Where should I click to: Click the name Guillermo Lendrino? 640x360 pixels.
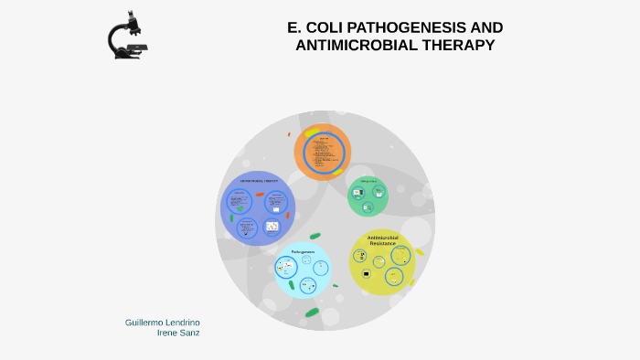162,323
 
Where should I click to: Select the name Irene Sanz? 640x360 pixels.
179,334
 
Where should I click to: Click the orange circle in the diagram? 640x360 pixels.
322,151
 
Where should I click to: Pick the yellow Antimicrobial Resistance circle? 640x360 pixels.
382,262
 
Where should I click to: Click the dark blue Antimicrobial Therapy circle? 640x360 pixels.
259,208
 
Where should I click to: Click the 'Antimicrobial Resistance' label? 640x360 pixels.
382,240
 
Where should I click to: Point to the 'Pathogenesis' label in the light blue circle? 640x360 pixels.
303,251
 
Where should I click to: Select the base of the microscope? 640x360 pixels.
130,56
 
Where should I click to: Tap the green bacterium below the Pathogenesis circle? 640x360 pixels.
312,312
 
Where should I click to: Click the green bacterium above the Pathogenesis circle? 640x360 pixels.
315,236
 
